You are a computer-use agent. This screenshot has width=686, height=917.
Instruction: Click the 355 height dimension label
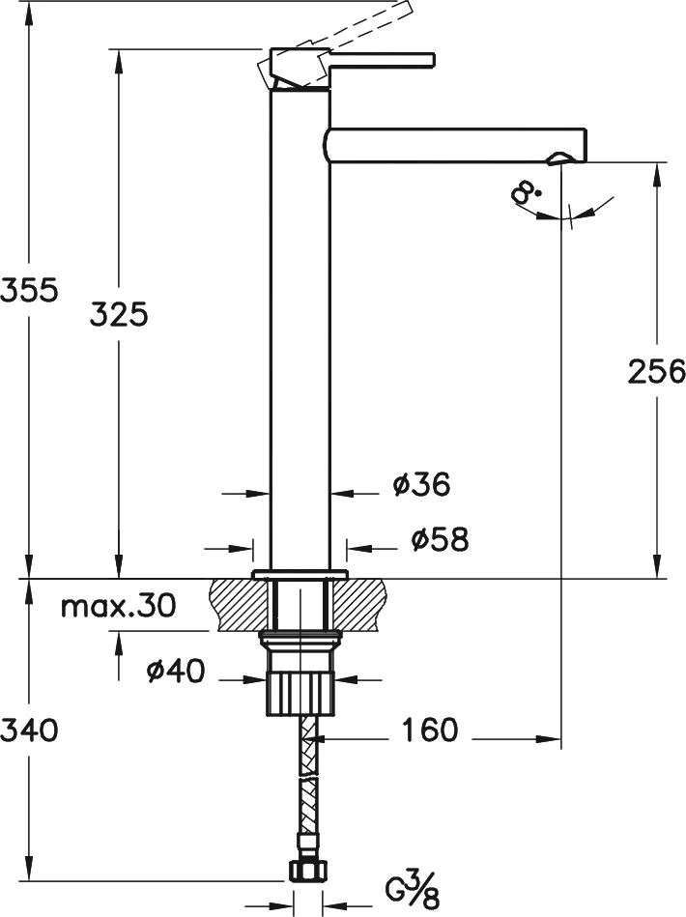tap(30, 289)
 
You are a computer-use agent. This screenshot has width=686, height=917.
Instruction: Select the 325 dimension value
tap(119, 313)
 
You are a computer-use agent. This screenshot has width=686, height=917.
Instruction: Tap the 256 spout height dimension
tap(656, 370)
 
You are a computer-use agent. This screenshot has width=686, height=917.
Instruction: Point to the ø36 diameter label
tap(421, 484)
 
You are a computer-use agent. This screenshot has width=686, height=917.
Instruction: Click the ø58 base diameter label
tap(439, 540)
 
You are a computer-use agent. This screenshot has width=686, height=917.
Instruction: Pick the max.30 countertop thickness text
tap(118, 607)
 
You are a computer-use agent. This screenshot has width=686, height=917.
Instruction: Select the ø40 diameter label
tap(176, 672)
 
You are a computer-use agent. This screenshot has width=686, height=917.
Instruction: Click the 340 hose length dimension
tap(30, 730)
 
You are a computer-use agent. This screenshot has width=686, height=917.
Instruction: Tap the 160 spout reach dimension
tap(426, 731)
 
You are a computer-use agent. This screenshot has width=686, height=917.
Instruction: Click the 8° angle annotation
tap(528, 195)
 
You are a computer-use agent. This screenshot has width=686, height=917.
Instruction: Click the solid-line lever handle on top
tap(382, 60)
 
